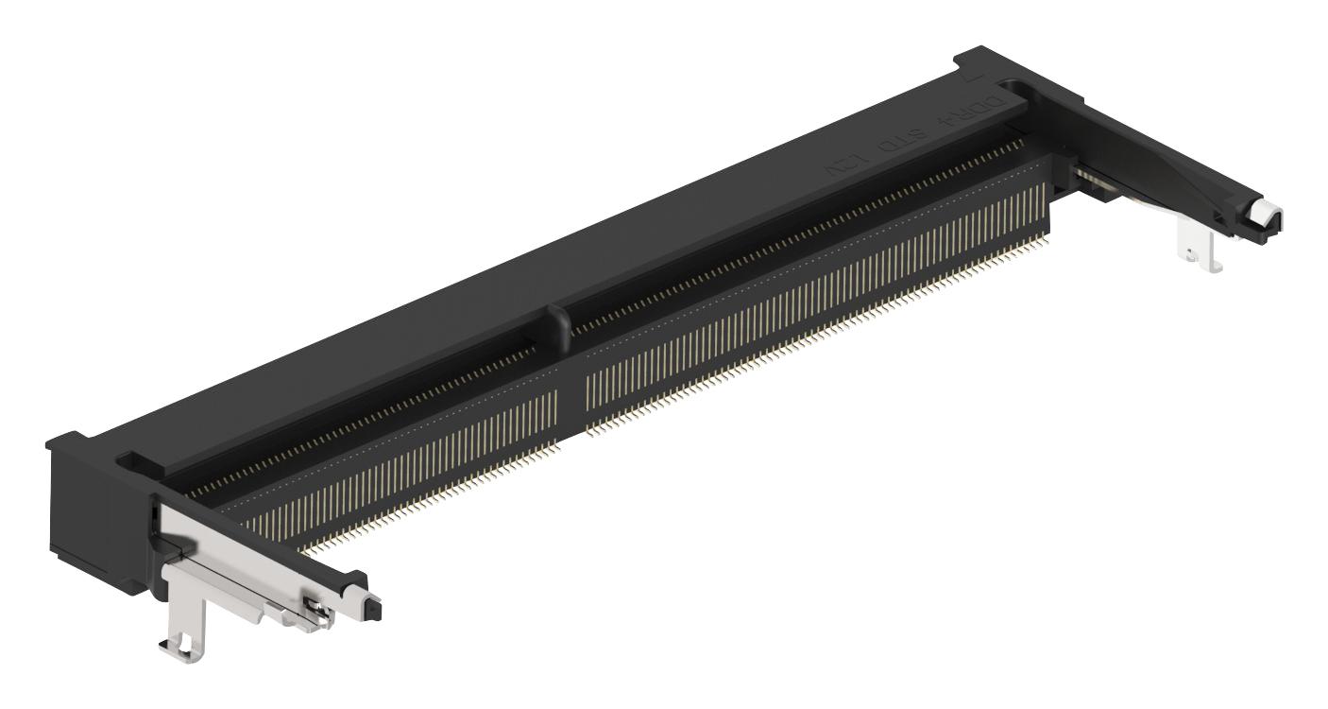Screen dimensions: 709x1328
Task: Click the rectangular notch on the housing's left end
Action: click(133, 461)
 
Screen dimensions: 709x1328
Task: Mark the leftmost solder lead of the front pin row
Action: click(304, 548)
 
